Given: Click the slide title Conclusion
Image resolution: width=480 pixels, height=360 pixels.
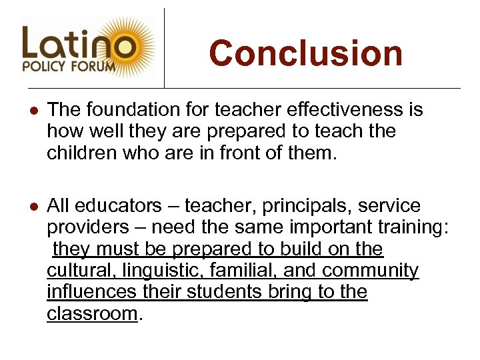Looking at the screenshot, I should point(306,53).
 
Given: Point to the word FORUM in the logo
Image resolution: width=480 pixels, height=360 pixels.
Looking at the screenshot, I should point(96,67).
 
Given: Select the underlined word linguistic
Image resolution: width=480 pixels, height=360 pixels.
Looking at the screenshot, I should point(163,270).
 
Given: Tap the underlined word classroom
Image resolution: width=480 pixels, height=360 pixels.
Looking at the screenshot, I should point(91,313).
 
